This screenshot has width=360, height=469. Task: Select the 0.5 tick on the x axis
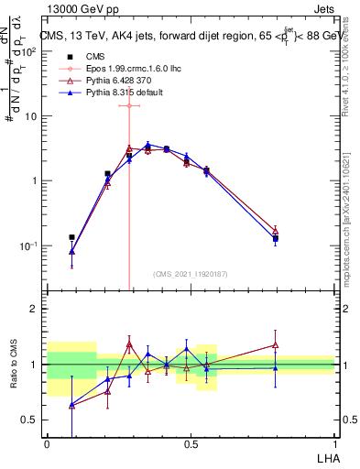(191, 444)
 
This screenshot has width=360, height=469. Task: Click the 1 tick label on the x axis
(335, 444)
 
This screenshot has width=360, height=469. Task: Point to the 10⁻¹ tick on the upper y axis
(31, 245)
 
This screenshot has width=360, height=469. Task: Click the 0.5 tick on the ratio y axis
(33, 420)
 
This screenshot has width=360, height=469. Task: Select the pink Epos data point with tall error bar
(129, 105)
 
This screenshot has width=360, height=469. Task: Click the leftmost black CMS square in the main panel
(71, 237)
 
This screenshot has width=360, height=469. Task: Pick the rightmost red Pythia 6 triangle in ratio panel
(275, 345)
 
